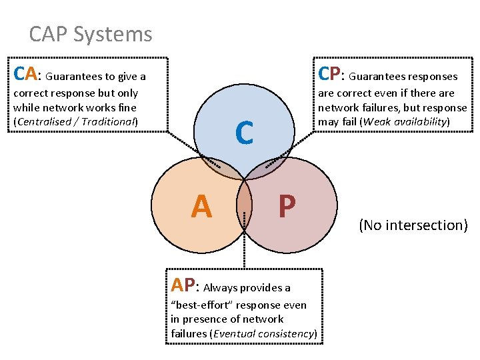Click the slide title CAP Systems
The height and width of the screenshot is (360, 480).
tap(91, 34)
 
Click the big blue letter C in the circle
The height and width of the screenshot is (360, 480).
tap(244, 133)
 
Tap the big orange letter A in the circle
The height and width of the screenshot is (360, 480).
tap(201, 207)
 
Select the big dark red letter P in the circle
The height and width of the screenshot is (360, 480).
tap(287, 207)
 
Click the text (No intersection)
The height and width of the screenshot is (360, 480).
tap(413, 225)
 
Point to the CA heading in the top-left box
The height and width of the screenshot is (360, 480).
tap(25, 73)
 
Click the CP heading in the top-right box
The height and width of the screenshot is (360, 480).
tap(331, 73)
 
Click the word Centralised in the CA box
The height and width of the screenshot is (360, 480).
tap(43, 122)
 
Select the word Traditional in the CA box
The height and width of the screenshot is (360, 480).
tap(108, 122)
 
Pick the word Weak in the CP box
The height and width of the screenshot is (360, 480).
tap(374, 122)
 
